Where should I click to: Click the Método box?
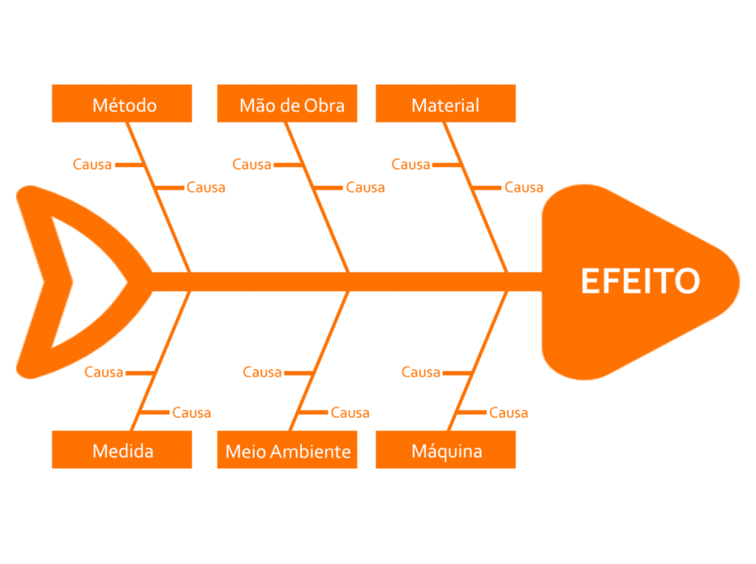pyautogui.click(x=122, y=103)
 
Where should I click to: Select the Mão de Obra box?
pyautogui.click(x=287, y=103)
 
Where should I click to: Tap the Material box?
pyautogui.click(x=446, y=103)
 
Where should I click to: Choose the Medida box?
pyautogui.click(x=122, y=450)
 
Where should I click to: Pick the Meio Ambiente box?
pyautogui.click(x=287, y=450)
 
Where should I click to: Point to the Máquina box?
pyautogui.click(x=446, y=450)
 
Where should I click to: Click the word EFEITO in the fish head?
pyautogui.click(x=640, y=281)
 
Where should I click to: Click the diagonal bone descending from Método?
pyautogui.click(x=159, y=198)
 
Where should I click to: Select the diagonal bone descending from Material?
pyautogui.click(x=475, y=198)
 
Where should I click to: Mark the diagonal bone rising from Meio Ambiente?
pyautogui.click(x=319, y=361)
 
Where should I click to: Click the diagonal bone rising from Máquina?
pyautogui.click(x=478, y=361)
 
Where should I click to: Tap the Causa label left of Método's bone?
pyautogui.click(x=92, y=165)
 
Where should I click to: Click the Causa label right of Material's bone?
pyautogui.click(x=524, y=188)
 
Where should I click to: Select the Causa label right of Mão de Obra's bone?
pyautogui.click(x=365, y=188)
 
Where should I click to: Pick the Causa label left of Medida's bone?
pyautogui.click(x=103, y=373)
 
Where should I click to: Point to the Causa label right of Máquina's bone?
pyautogui.click(x=509, y=413)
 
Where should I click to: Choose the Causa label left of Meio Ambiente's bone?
pyautogui.click(x=262, y=373)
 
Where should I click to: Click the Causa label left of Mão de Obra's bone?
pyautogui.click(x=252, y=165)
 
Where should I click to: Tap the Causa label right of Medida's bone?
pyautogui.click(x=191, y=413)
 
